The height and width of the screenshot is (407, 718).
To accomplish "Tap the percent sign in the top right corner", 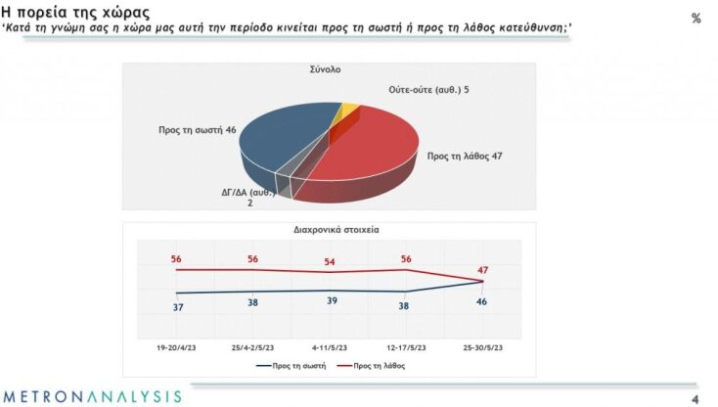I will pyautogui.click(x=696, y=19).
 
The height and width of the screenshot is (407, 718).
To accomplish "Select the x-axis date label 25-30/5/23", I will pyautogui.click(x=483, y=344).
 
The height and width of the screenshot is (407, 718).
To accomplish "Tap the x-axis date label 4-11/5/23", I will pyautogui.click(x=330, y=344).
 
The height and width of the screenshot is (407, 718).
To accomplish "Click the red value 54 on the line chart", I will pyautogui.click(x=330, y=261).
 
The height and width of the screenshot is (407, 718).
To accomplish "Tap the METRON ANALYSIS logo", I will pyautogui.click(x=91, y=396).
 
